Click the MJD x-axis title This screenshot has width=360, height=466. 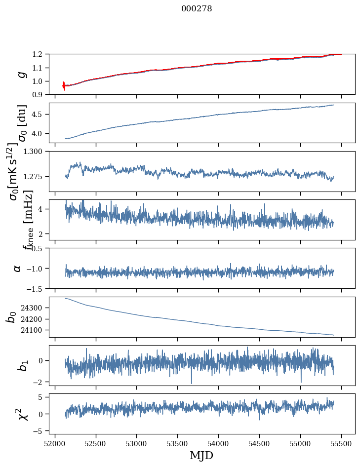coord(201,455)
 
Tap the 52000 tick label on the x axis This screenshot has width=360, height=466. coord(55,443)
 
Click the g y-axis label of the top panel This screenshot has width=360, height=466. coord(21,74)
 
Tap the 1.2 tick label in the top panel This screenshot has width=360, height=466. coord(41,54)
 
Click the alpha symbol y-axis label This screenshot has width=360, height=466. coord(18,268)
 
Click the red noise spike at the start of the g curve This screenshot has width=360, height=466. coord(64,85)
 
